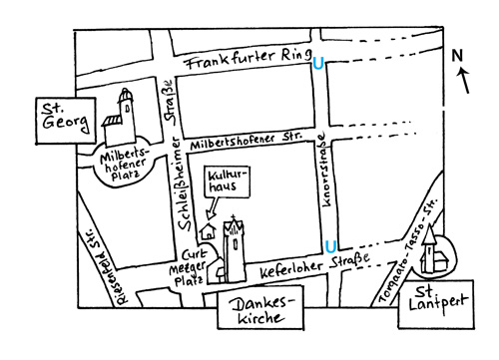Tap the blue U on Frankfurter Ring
pos(318,63)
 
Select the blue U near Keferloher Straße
pos(329,245)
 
